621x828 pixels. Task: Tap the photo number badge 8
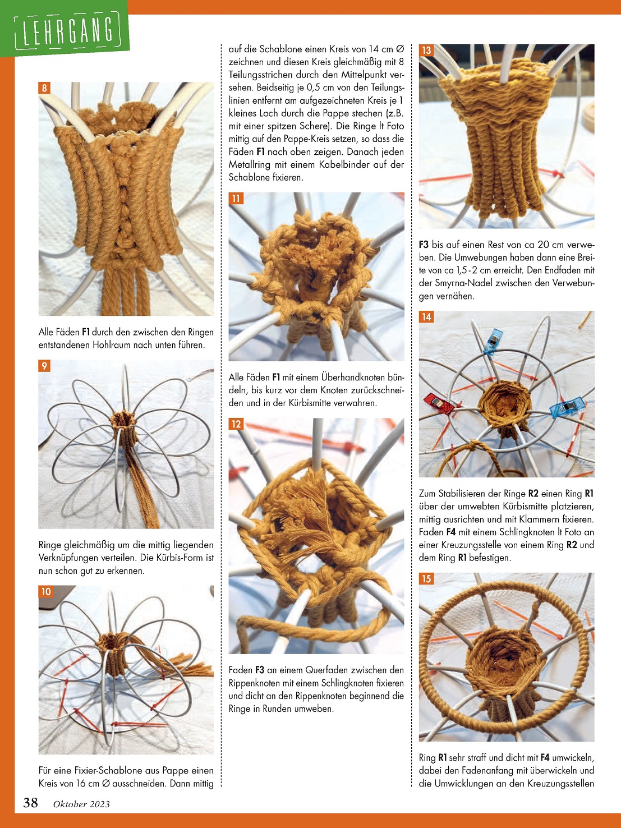tap(44, 88)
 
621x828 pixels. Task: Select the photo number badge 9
tap(44, 366)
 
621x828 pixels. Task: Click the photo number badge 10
tap(46, 591)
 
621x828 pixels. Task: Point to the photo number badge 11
tap(236, 199)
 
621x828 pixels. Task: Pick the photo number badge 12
tap(236, 424)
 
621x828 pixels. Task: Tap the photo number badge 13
tap(426, 50)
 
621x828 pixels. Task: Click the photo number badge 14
tap(426, 317)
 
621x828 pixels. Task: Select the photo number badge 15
tap(426, 579)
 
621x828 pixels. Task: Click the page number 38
tap(30, 802)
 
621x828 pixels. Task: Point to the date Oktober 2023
tap(81, 804)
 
